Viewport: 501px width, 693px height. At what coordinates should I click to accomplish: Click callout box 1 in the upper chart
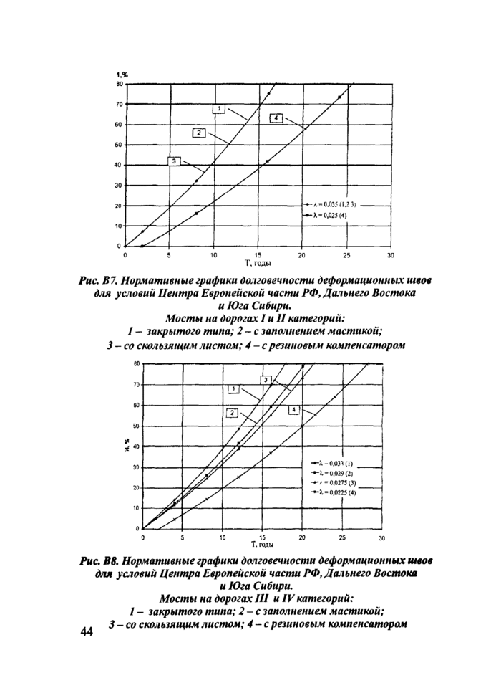(220, 108)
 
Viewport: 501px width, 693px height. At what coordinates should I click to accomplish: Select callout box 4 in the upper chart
(276, 118)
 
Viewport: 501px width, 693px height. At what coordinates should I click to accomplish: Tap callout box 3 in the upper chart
(174, 161)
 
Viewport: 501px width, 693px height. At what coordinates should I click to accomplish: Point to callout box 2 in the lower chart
(233, 412)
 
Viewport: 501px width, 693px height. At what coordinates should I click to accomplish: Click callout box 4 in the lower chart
(293, 409)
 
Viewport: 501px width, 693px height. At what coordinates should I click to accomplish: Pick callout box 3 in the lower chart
(265, 379)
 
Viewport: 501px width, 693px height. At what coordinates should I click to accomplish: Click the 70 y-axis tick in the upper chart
(118, 104)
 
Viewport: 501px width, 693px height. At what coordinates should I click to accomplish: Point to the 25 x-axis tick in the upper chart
(346, 256)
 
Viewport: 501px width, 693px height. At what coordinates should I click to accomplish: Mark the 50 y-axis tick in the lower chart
(135, 426)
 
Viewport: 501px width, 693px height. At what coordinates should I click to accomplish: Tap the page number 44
(88, 632)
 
